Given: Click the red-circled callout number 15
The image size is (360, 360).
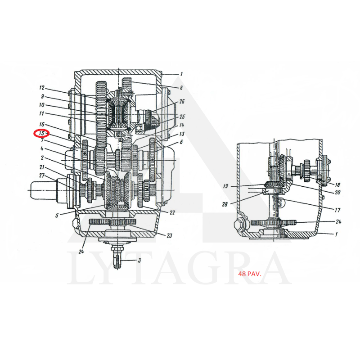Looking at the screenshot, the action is (x=41, y=133).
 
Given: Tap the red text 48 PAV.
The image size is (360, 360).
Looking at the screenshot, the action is (x=250, y=274).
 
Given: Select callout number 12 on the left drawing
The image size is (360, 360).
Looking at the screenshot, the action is (x=42, y=88).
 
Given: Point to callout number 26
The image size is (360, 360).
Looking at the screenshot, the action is (x=182, y=101).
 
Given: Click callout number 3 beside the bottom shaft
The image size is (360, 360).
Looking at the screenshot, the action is (x=139, y=261).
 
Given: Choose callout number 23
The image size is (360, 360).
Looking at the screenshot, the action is (x=169, y=235).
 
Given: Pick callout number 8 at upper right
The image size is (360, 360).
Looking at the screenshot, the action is (x=181, y=87).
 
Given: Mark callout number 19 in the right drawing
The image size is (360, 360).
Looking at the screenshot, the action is (x=225, y=186).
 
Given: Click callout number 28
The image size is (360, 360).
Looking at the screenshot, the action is (x=225, y=204).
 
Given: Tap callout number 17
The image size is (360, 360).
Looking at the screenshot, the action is (x=337, y=210).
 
